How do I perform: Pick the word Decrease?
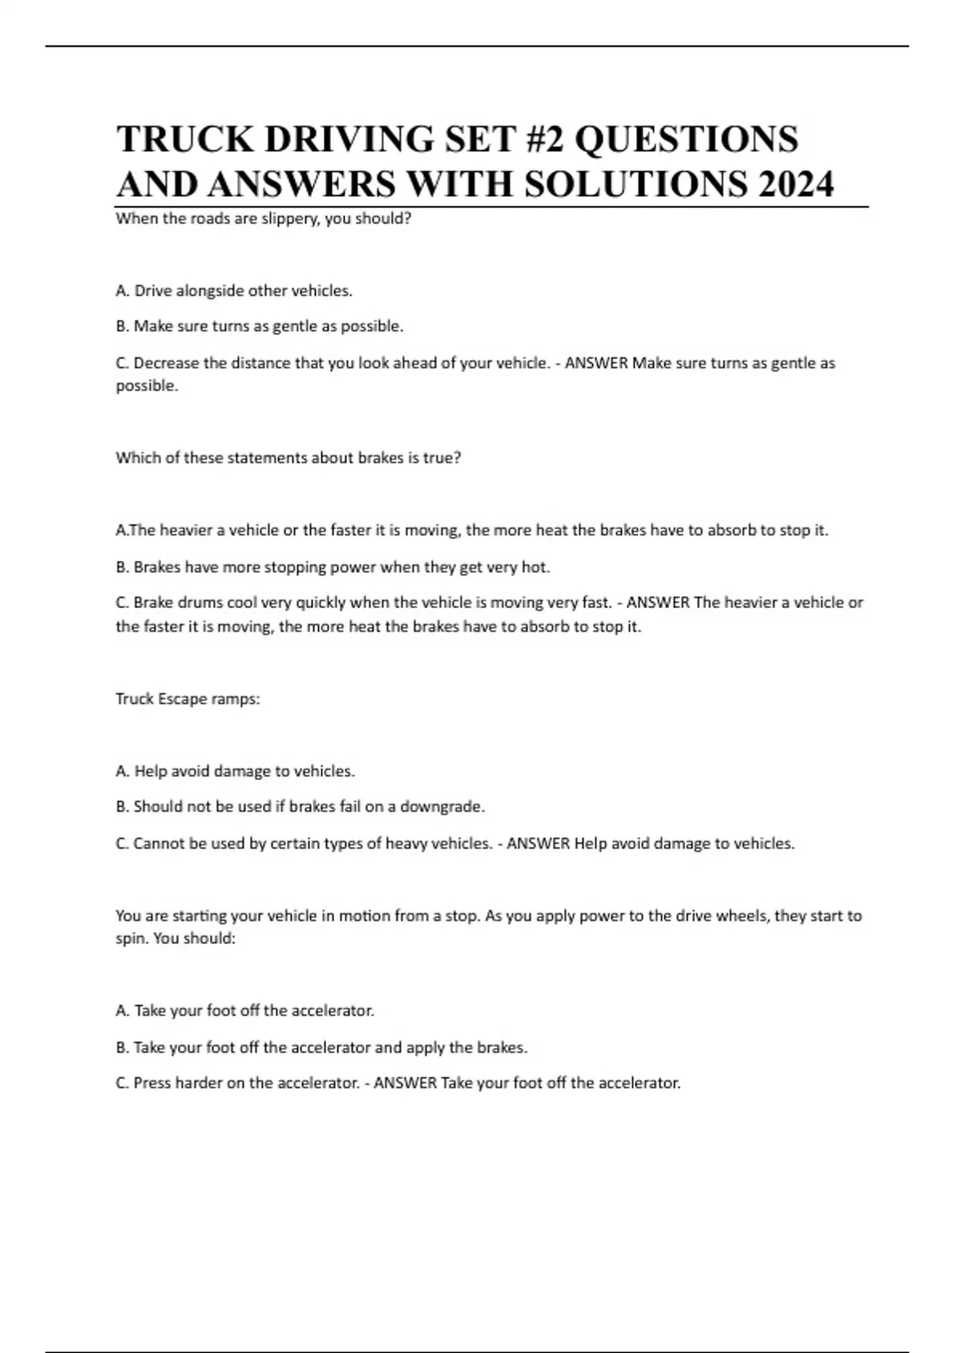coord(166,363)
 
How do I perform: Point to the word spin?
coord(131,939)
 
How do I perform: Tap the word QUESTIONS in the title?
coord(686,139)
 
